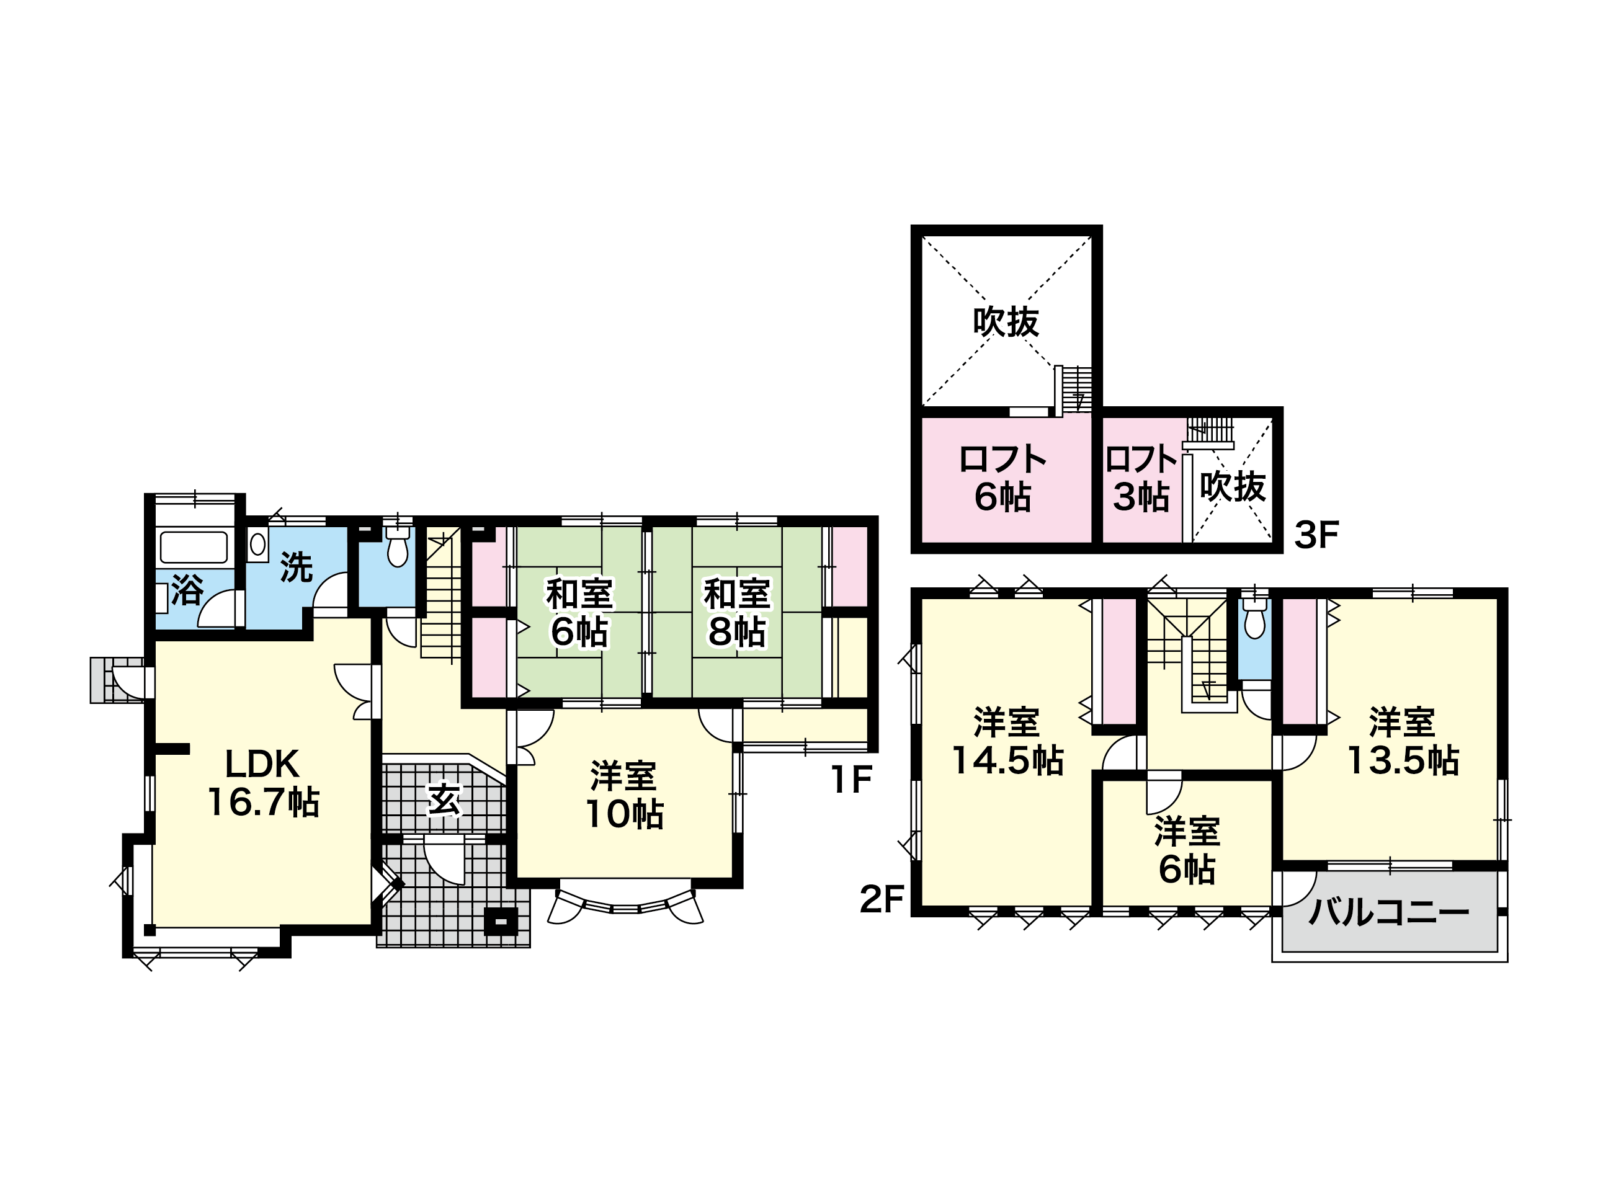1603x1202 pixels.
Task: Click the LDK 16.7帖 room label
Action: [263, 783]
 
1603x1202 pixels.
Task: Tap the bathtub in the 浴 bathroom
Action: [194, 548]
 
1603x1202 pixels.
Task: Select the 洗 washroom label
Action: [296, 567]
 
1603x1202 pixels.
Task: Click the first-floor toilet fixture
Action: [397, 545]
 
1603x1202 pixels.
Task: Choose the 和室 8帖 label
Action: [737, 612]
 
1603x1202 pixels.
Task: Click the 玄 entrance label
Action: [444, 800]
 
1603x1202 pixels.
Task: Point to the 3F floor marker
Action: [1316, 535]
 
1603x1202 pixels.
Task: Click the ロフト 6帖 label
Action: [1003, 478]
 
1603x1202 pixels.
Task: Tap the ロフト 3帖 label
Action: [1141, 478]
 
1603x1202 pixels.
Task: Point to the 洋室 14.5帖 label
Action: [1007, 741]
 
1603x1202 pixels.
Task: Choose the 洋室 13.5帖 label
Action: [1402, 741]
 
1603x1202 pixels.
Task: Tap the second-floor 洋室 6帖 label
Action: [1187, 850]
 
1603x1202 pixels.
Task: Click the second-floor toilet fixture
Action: [1254, 617]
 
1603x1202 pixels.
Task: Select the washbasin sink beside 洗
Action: [257, 544]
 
